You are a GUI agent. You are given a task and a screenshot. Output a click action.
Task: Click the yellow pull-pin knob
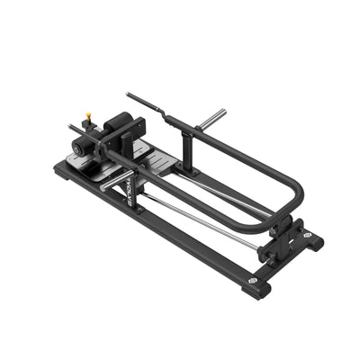pyautogui.click(x=89, y=116)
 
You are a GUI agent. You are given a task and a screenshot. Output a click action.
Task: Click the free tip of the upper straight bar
pyautogui.click(x=129, y=94)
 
